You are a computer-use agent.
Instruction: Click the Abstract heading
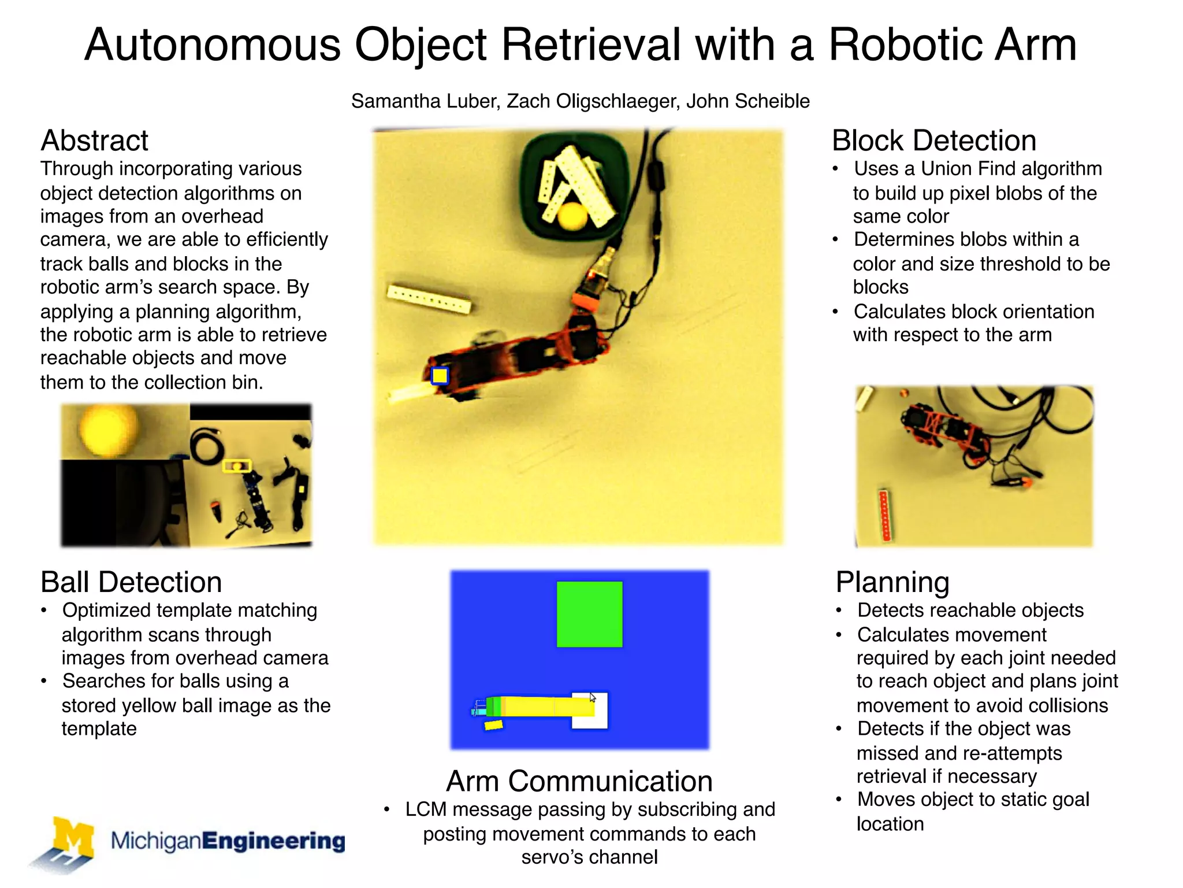(94, 140)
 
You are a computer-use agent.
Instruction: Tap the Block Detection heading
(933, 140)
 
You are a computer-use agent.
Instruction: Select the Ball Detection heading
(131, 582)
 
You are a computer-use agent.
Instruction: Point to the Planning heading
(892, 582)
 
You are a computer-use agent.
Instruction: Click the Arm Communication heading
(579, 781)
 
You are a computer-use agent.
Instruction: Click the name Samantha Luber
(424, 101)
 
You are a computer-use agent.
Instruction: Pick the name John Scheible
(748, 101)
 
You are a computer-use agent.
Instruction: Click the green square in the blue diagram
(589, 614)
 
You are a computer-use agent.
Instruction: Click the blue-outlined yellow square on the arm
(440, 376)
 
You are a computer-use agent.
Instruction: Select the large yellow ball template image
(108, 429)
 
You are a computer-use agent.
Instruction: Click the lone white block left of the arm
(429, 298)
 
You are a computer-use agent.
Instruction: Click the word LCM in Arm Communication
(426, 809)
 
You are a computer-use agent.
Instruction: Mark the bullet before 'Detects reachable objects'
(839, 611)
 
